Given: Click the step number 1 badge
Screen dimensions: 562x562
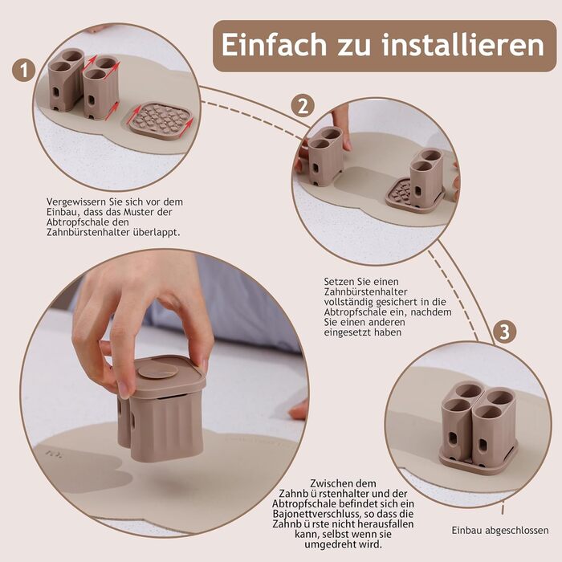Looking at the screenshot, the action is (x=23, y=71).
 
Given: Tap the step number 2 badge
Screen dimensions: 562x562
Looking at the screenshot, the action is (x=303, y=106).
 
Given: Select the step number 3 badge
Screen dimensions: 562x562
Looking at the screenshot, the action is (x=505, y=332).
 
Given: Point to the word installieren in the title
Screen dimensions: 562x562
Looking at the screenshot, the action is (x=462, y=45).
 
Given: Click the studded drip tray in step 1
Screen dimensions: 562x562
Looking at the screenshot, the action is (x=161, y=120).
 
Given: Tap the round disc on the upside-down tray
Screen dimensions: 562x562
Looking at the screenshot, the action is (x=157, y=372).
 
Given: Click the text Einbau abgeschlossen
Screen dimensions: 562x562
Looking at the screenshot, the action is (x=500, y=530).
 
